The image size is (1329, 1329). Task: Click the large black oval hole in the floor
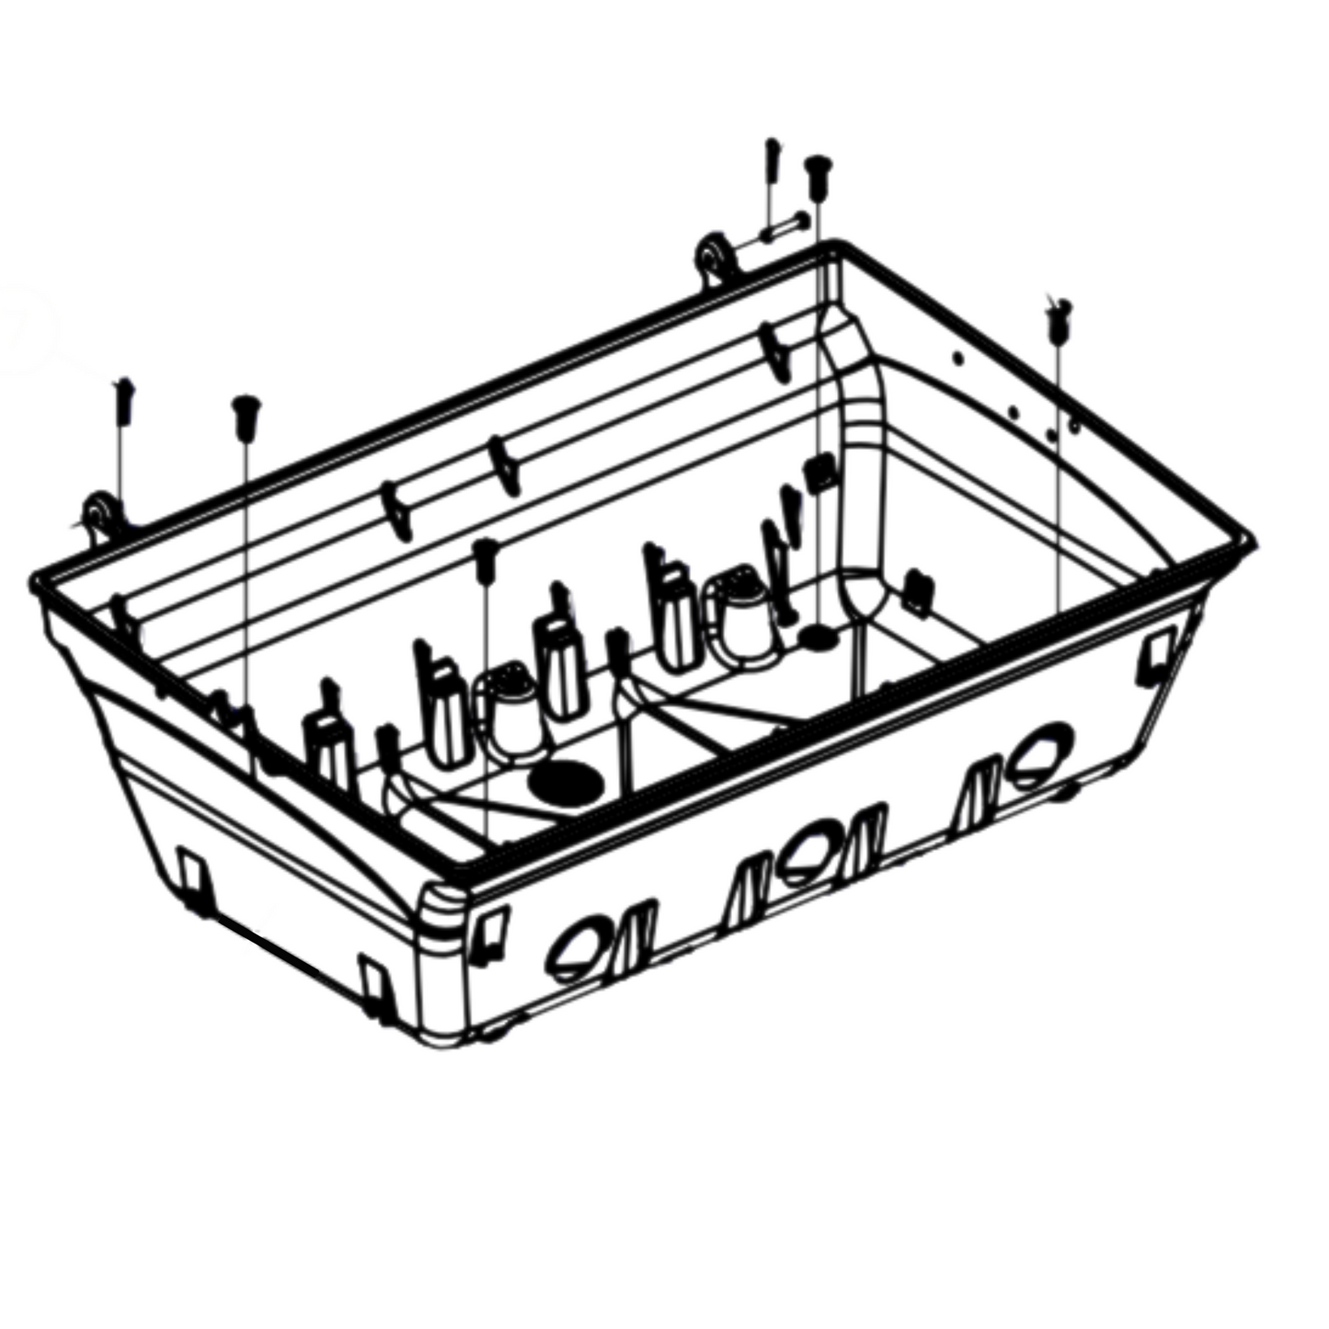tap(565, 783)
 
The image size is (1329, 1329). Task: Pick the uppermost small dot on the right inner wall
tap(957, 357)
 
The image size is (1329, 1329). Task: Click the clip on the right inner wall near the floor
tap(915, 587)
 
